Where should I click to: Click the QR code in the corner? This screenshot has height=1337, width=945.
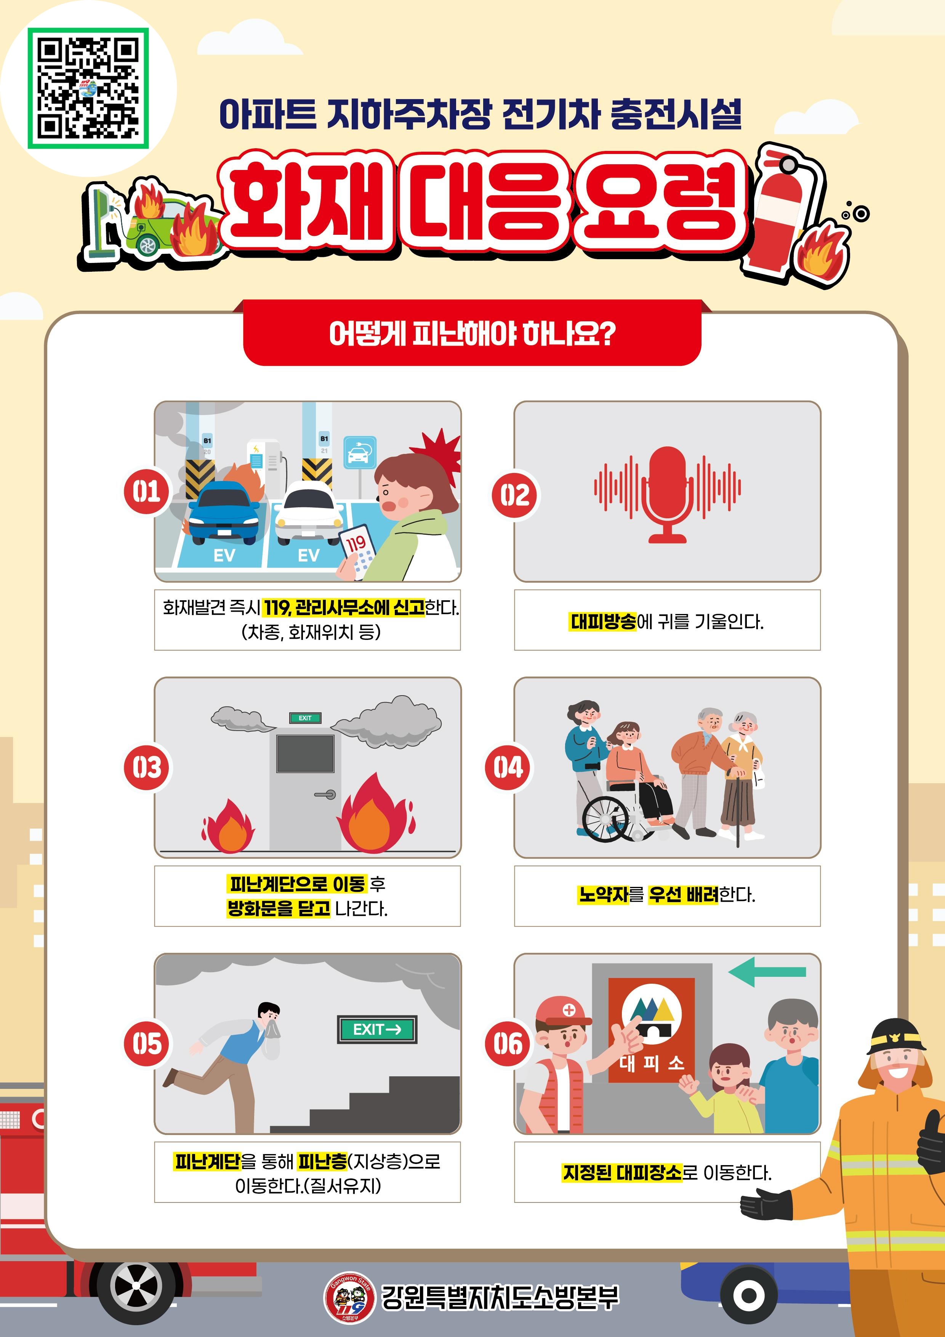tap(88, 88)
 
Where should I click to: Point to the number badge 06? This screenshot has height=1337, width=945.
tap(508, 1044)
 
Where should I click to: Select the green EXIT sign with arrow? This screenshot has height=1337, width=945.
tap(377, 1029)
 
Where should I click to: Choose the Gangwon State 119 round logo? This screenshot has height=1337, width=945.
tap(349, 1296)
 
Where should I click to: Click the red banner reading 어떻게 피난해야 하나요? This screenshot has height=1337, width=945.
tap(472, 333)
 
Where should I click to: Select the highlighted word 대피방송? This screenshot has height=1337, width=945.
tap(603, 622)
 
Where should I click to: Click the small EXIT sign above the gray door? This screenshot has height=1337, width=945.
tap(305, 718)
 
